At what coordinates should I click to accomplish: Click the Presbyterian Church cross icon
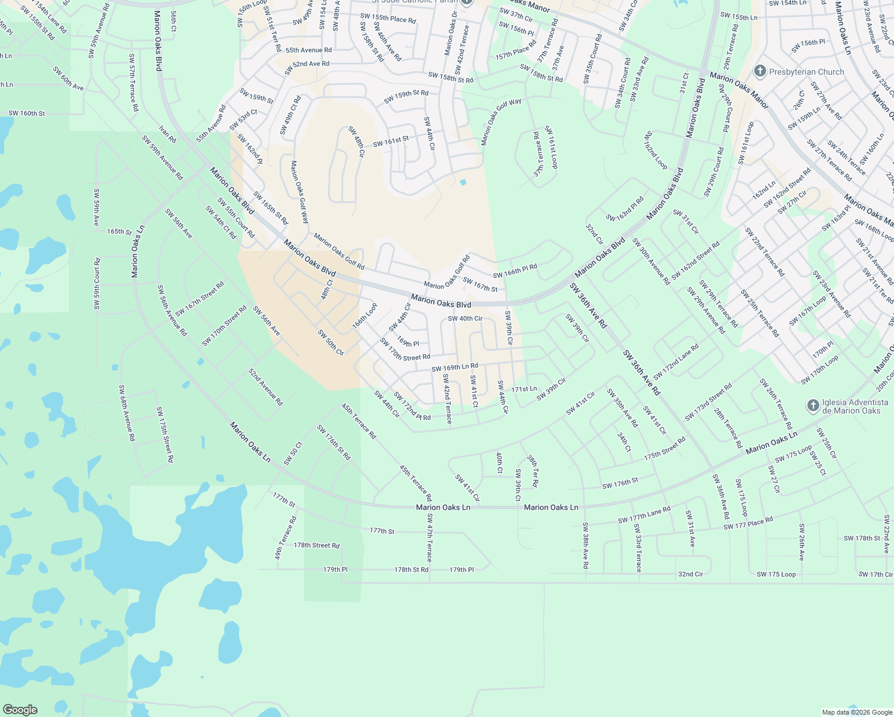tap(760, 72)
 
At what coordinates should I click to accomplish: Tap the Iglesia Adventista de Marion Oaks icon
tap(813, 406)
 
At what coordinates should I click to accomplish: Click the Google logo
tap(20, 709)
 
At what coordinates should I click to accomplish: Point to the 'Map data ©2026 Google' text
tap(857, 712)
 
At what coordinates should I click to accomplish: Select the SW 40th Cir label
tap(465, 318)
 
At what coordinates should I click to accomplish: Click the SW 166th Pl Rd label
tap(515, 271)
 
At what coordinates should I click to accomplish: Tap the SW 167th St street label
tap(480, 285)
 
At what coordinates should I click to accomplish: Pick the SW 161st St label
tap(391, 142)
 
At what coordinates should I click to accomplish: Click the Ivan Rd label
tap(168, 134)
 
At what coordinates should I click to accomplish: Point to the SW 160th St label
tap(26, 113)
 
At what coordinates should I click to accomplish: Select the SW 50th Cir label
tap(330, 342)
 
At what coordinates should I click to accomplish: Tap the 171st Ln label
tap(524, 389)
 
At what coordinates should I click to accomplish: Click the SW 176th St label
tap(620, 483)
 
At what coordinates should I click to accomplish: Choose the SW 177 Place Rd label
tap(748, 523)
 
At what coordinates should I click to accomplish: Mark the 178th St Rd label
tap(411, 569)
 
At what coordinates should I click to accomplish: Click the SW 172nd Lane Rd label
tap(676, 361)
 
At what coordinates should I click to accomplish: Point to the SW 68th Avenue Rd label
tap(127, 413)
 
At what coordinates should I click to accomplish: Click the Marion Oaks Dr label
tap(450, 33)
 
